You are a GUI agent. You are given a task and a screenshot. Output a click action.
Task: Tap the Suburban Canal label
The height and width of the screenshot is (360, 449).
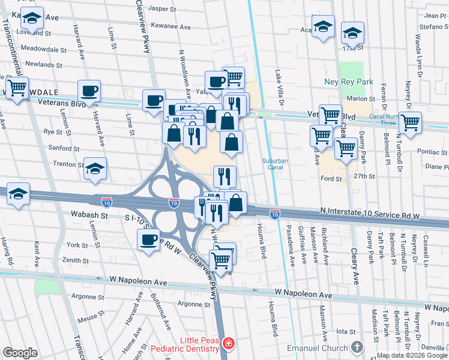pyautogui.click(x=276, y=164)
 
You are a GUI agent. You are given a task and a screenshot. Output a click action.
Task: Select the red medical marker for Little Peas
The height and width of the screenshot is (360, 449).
pyautogui.click(x=228, y=344)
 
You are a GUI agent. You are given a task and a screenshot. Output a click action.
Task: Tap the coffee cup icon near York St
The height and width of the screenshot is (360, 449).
pyautogui.click(x=149, y=240)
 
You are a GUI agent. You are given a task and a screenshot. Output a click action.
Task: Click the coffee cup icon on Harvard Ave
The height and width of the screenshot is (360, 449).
pyautogui.click(x=89, y=91)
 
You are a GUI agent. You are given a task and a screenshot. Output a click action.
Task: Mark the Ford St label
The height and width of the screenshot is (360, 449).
pyautogui.click(x=331, y=178)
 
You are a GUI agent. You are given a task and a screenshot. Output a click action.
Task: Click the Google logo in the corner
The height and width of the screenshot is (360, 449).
pyautogui.click(x=20, y=353)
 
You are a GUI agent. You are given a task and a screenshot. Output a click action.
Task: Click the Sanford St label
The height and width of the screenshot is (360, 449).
pyautogui.click(x=64, y=148)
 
